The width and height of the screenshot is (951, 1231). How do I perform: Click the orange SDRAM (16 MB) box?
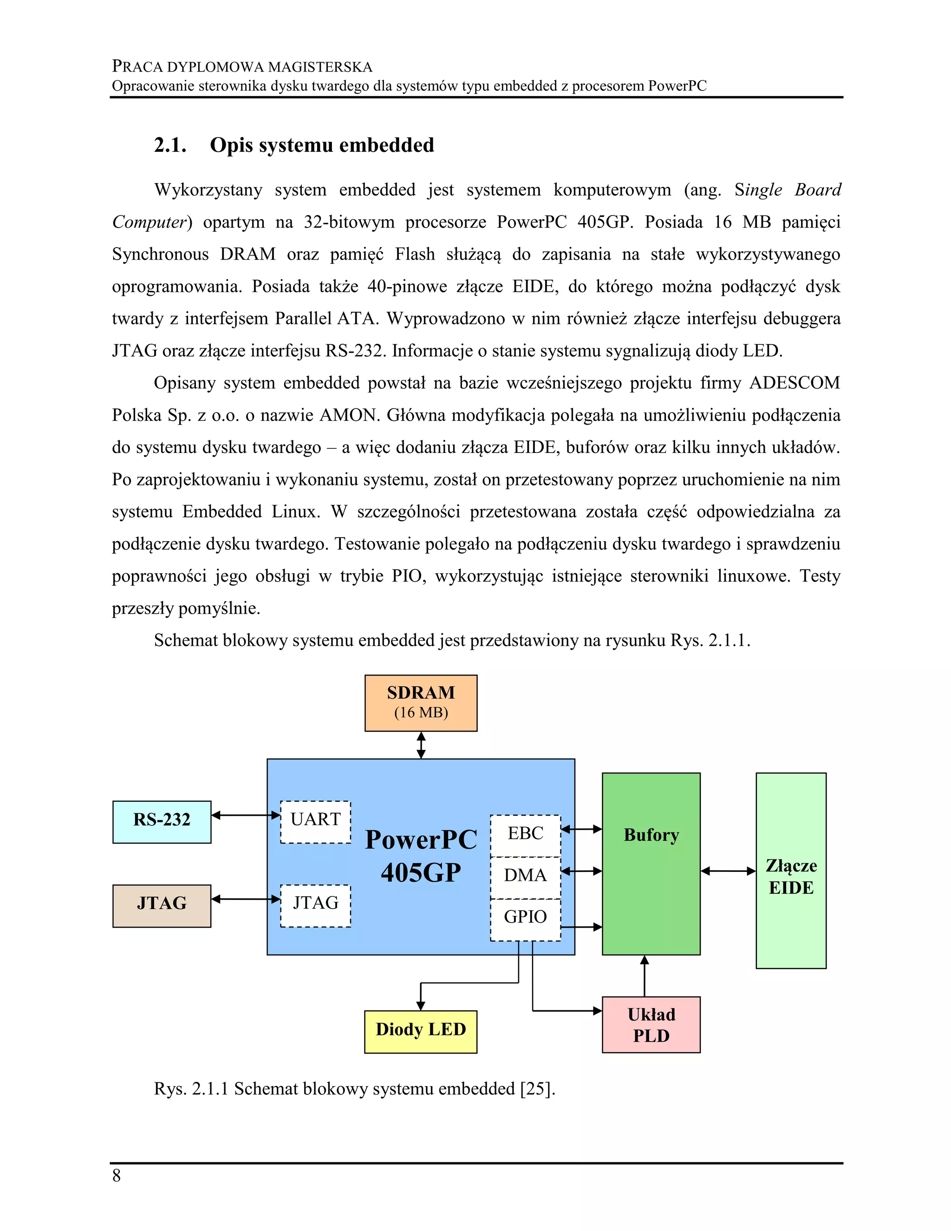pyautogui.click(x=421, y=703)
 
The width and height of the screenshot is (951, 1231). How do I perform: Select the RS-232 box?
pyautogui.click(x=162, y=822)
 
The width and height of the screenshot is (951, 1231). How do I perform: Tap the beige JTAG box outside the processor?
pyautogui.click(x=162, y=906)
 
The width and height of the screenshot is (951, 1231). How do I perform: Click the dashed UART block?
pyautogui.click(x=315, y=822)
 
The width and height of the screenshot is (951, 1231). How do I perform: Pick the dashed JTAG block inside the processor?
pyautogui.click(x=315, y=906)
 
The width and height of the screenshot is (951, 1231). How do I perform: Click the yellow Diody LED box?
pyautogui.click(x=421, y=1031)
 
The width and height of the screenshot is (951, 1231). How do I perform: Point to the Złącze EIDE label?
pyautogui.click(x=791, y=877)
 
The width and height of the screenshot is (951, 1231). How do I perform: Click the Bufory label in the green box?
pyautogui.click(x=651, y=835)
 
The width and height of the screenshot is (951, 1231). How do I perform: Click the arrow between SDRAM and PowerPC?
pyautogui.click(x=421, y=745)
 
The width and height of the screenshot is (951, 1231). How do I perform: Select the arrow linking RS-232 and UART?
pyautogui.click(x=246, y=815)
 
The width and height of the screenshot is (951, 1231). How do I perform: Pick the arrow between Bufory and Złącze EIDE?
pyautogui.click(x=728, y=871)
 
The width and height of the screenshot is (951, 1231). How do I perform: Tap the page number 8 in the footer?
pyautogui.click(x=117, y=1176)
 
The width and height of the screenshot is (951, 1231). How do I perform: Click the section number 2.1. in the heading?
pyautogui.click(x=170, y=145)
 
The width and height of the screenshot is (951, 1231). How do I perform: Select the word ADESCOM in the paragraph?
pyautogui.click(x=795, y=383)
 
